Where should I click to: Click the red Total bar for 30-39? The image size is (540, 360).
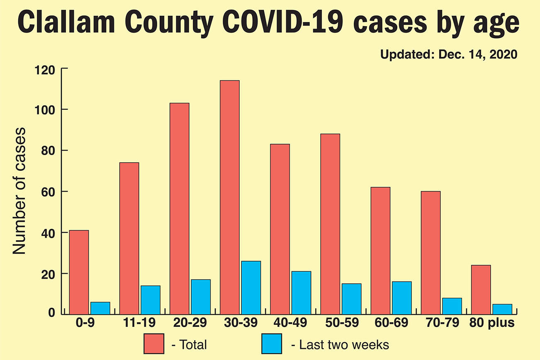[229, 197]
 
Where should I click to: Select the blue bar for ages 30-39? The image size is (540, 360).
[251, 287]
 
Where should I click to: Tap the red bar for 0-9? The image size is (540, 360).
[79, 272]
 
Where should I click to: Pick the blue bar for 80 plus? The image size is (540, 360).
[502, 309]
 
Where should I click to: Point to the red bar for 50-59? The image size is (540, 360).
[330, 224]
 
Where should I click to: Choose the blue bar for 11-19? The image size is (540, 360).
[151, 300]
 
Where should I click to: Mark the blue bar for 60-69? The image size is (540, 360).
[401, 298]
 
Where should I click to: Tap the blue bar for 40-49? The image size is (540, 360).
[301, 293]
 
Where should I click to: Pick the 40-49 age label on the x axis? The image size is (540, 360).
[290, 323]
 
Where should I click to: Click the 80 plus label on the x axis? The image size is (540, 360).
[493, 323]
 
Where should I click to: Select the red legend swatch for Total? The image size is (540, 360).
[154, 344]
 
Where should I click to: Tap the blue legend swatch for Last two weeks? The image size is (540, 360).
[272, 344]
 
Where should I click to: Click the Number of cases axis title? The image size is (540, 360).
[19, 191]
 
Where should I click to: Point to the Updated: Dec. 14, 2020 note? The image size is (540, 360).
[449, 55]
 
